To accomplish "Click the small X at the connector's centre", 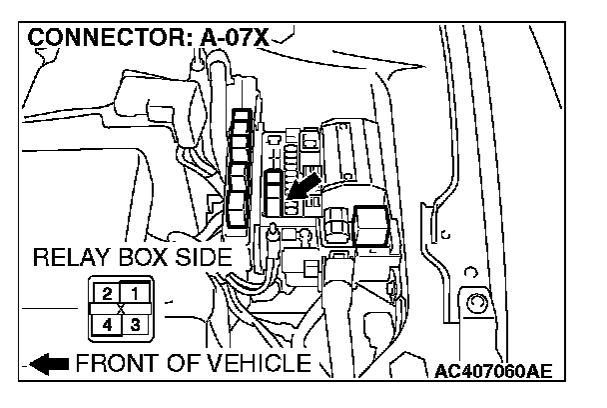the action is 120,309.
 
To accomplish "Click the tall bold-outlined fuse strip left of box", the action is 239,167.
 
